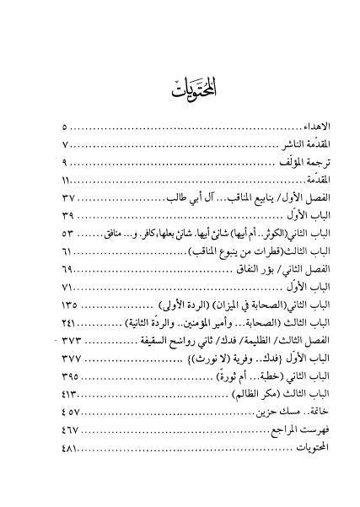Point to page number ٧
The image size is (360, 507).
click(65, 144)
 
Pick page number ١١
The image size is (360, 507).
click(67, 180)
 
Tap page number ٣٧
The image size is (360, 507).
click(69, 198)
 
